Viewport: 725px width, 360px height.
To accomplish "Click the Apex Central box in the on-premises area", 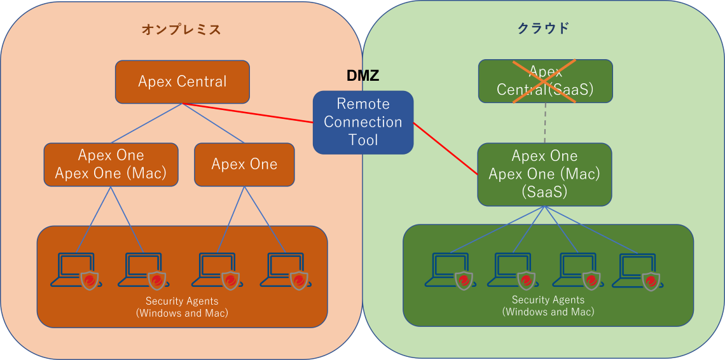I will [x=182, y=81].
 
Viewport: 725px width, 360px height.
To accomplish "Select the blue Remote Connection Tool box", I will [x=362, y=122].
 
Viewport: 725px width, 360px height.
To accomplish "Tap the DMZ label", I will [x=362, y=76].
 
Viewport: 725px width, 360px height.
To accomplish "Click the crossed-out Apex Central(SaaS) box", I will [x=545, y=81].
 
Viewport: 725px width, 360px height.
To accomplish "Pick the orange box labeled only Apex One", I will [x=244, y=164].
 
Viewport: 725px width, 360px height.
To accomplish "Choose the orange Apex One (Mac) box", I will [x=111, y=164].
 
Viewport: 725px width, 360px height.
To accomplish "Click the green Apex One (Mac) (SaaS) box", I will [x=544, y=174].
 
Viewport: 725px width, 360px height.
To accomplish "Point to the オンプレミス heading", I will [x=181, y=29].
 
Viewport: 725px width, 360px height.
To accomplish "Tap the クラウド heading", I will [x=543, y=28].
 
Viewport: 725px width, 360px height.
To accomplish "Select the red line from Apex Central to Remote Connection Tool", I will [x=248, y=113].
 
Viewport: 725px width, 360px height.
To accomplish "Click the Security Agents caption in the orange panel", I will [x=182, y=307].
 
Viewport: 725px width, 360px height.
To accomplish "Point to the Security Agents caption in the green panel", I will [x=548, y=306].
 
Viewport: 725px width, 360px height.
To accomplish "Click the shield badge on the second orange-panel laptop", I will [x=157, y=280].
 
